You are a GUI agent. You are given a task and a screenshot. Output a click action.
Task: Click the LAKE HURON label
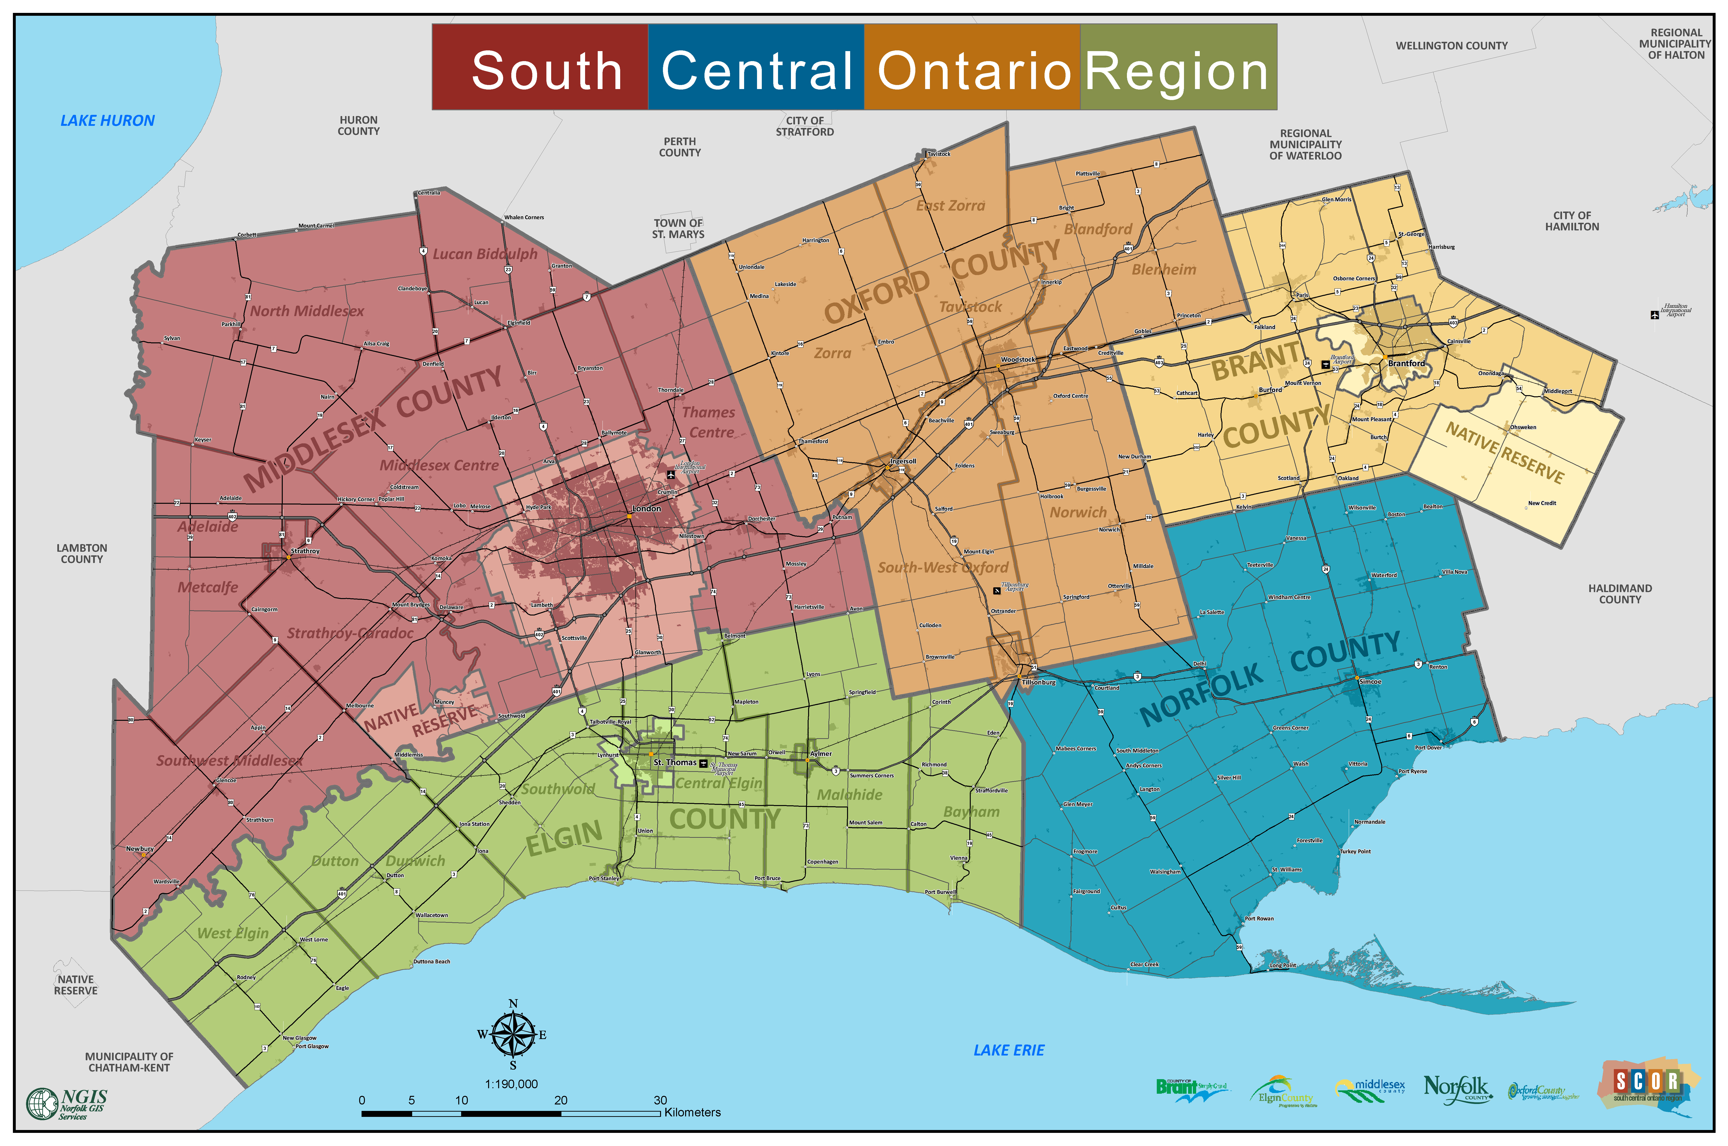click(x=107, y=121)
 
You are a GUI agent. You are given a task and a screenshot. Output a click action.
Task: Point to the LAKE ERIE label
click(x=1009, y=1050)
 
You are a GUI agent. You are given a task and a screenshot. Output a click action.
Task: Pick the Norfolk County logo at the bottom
click(x=1456, y=1089)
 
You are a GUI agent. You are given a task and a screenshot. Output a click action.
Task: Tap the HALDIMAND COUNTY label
click(x=1620, y=594)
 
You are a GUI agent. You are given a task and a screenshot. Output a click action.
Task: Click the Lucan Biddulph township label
click(x=485, y=254)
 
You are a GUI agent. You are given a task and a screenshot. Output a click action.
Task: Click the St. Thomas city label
click(x=675, y=762)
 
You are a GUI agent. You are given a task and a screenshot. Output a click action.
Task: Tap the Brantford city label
click(x=1406, y=363)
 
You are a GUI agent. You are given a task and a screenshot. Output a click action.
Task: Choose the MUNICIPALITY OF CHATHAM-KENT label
click(x=129, y=1062)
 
